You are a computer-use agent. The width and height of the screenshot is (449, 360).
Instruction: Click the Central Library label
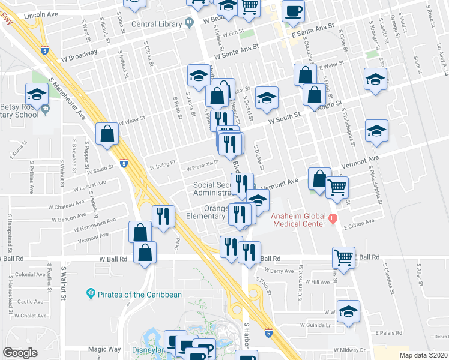click(157, 24)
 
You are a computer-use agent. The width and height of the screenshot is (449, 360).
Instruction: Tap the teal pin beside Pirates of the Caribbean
click(91, 294)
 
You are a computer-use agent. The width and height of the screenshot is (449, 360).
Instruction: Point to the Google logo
click(20, 353)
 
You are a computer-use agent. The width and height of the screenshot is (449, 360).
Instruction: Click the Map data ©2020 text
click(423, 355)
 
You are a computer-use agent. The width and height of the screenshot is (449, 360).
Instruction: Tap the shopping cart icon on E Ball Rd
click(343, 258)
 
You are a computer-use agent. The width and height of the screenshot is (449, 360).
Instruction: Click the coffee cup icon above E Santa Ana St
click(293, 11)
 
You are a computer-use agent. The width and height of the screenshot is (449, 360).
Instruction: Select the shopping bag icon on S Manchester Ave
click(107, 135)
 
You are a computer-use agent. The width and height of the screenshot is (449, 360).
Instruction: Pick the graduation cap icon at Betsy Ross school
click(37, 94)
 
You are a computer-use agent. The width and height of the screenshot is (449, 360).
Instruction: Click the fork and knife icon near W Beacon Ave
click(163, 216)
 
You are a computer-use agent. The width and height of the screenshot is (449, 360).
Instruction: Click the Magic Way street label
click(104, 349)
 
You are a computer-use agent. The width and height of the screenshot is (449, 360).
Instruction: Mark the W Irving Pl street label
click(162, 163)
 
